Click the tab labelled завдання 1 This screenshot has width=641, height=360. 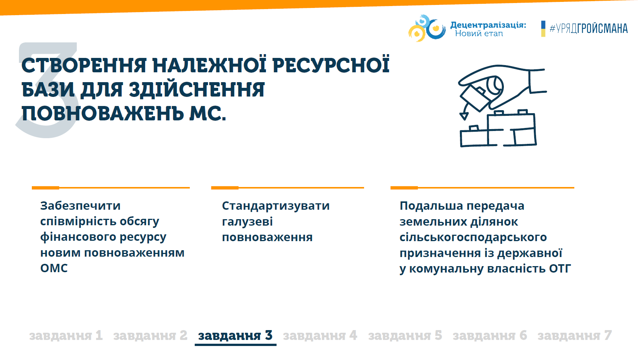pyautogui.click(x=66, y=335)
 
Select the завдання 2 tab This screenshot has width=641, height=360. pyautogui.click(x=150, y=335)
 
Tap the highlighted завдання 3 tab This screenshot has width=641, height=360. pyautogui.click(x=235, y=335)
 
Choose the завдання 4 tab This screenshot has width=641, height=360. pyautogui.click(x=320, y=335)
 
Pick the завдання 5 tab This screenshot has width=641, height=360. pyautogui.click(x=405, y=335)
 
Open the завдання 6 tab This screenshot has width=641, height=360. pyautogui.click(x=489, y=335)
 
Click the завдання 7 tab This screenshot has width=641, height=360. pyautogui.click(x=575, y=335)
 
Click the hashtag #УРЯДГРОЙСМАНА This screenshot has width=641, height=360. pyautogui.click(x=589, y=29)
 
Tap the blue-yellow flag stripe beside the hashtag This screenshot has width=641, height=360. pyautogui.click(x=543, y=29)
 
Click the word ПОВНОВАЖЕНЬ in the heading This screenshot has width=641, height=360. pyautogui.click(x=103, y=113)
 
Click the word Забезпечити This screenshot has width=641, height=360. pyautogui.click(x=80, y=206)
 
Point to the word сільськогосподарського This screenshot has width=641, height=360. pyautogui.click(x=473, y=237)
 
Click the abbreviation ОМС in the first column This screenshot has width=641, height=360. pyautogui.click(x=54, y=268)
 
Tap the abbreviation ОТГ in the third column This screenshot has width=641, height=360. pyautogui.click(x=560, y=268)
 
